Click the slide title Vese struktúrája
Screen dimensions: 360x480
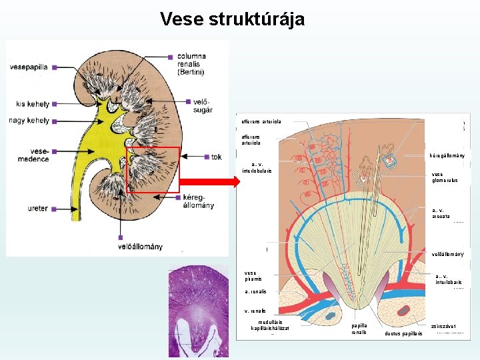232,19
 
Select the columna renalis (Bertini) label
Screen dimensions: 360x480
192,64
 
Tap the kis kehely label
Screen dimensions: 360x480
32,104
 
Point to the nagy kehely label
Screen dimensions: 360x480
29,121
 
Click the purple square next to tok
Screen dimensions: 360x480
207,157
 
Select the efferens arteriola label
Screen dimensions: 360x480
261,122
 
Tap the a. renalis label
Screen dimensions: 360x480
255,292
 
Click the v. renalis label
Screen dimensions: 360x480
255,311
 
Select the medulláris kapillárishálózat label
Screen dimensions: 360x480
270,325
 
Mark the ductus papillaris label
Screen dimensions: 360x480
403,333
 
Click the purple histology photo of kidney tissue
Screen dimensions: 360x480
198,311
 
